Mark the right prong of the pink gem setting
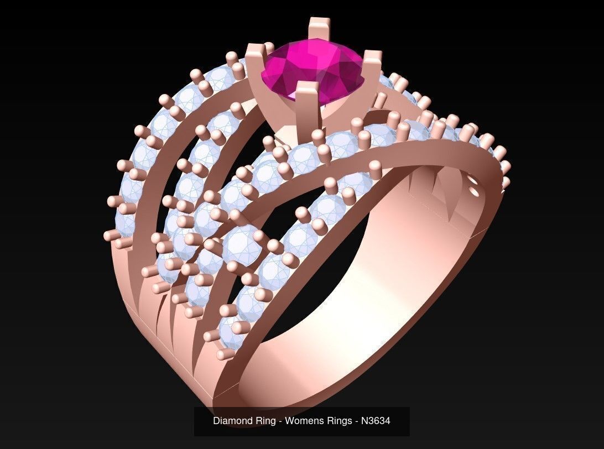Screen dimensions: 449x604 372,66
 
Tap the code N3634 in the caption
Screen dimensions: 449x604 376,421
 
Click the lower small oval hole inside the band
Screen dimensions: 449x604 474,192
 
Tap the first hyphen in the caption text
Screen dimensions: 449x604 280,421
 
